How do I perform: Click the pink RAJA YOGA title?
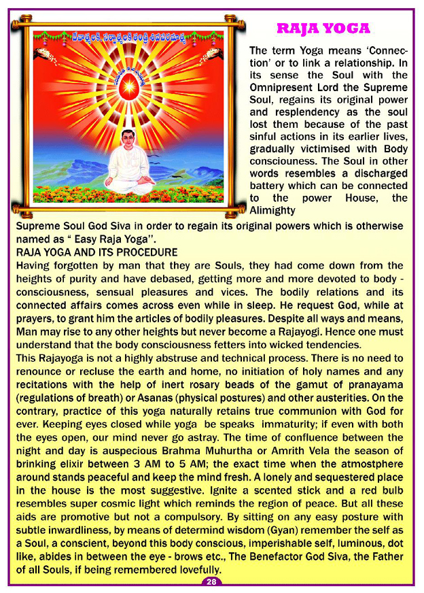point(323,29)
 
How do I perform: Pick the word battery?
point(270,186)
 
